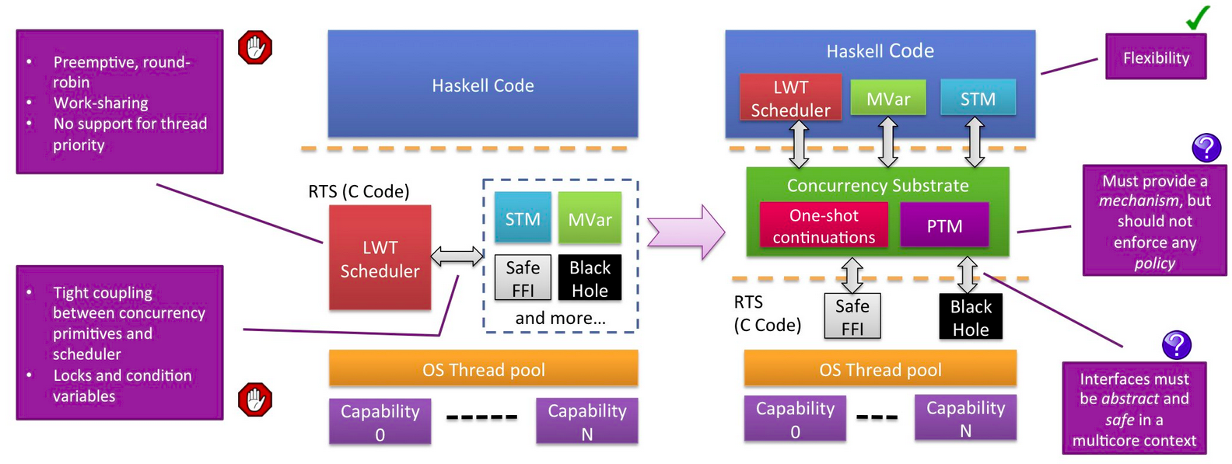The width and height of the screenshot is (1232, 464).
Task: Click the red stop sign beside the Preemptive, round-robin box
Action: coord(255,47)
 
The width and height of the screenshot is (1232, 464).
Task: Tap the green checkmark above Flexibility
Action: coord(1198,17)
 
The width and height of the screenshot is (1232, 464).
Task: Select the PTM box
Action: coord(944,226)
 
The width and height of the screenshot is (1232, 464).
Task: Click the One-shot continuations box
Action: coord(824,226)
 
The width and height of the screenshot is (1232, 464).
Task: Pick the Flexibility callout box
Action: coord(1156,58)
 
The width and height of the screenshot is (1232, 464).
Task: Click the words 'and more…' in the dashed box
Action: coord(560,318)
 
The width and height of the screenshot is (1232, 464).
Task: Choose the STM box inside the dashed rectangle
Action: coord(523,219)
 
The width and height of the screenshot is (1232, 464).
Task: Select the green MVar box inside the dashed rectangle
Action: coord(590,219)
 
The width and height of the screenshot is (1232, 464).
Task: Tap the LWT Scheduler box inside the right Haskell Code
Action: coord(790,99)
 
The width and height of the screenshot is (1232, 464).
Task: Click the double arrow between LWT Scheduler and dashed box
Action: coord(457,256)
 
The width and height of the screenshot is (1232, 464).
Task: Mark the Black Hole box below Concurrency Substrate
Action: coord(971,317)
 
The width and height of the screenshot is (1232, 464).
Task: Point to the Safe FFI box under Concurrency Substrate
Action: coord(852,317)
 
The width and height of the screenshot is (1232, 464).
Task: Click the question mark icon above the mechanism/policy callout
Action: coord(1206,148)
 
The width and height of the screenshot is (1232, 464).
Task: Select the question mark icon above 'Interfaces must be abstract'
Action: coord(1176,344)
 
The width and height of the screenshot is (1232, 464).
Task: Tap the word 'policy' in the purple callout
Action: coord(1154,263)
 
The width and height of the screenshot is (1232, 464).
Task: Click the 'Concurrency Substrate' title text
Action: coord(877,186)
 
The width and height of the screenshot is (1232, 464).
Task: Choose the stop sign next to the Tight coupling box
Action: coord(255,399)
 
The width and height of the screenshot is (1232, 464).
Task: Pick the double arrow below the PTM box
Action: coord(967,275)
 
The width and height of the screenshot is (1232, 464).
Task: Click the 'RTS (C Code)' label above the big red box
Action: coord(359,191)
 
